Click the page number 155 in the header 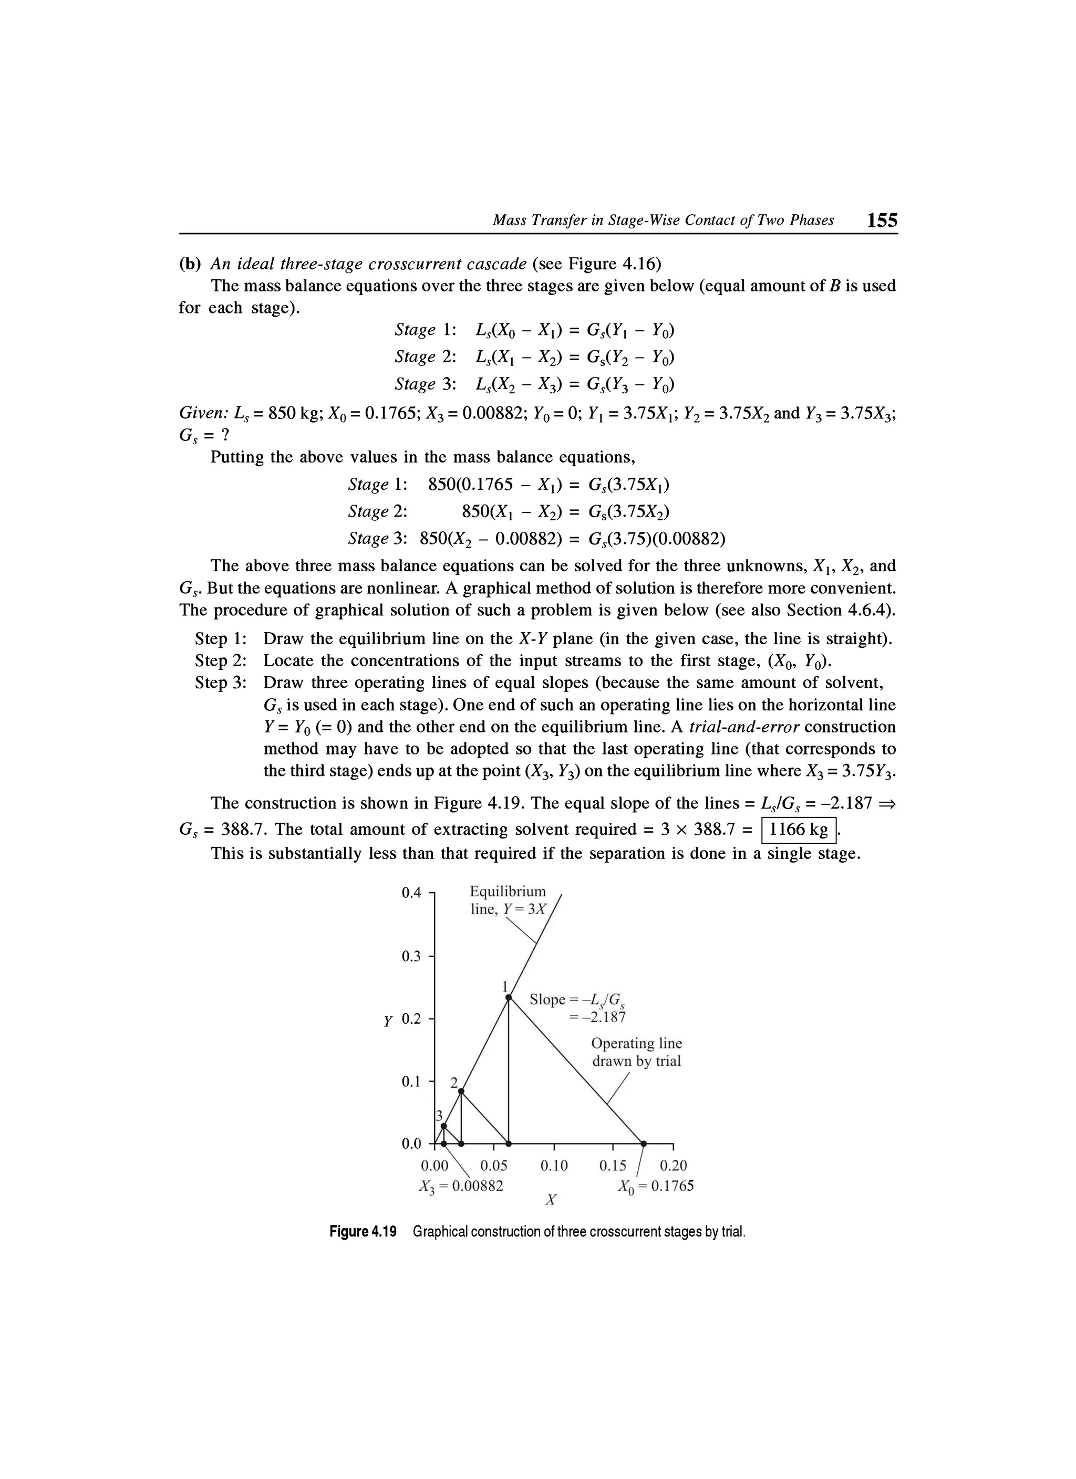[x=882, y=221]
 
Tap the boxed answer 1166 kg [x=799, y=830]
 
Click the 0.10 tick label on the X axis [x=554, y=1166]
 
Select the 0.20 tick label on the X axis [x=674, y=1166]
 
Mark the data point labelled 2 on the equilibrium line [x=461, y=1091]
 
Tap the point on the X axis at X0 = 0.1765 [x=644, y=1144]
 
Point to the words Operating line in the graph [x=636, y=1043]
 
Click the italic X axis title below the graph [x=551, y=1199]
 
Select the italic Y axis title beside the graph [x=388, y=1021]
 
